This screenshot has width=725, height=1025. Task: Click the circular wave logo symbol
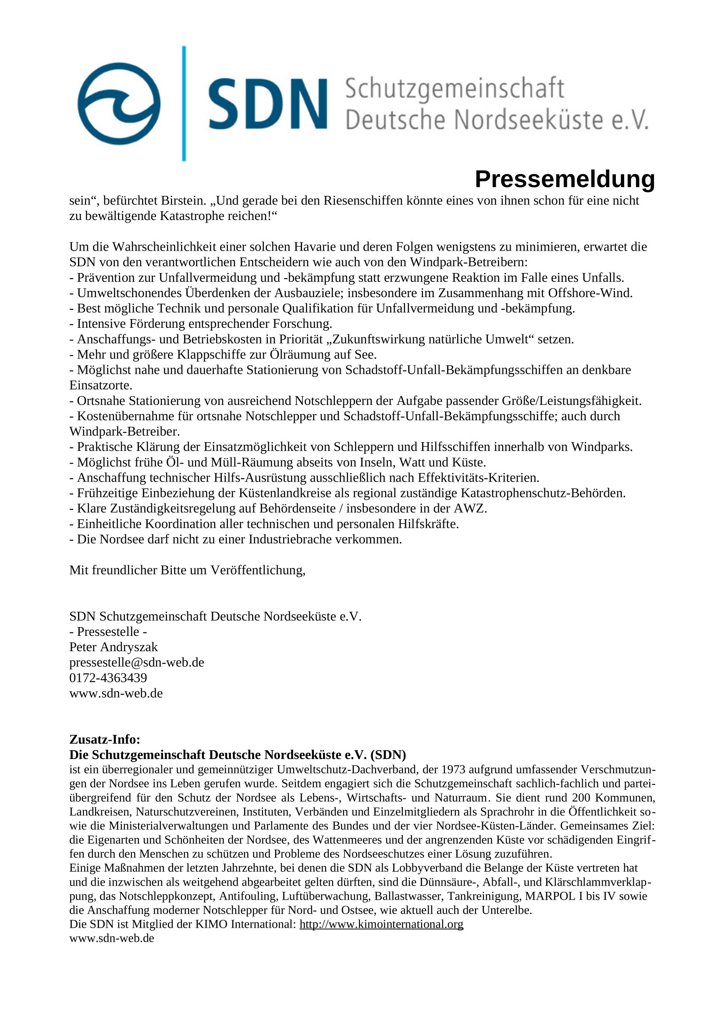119,103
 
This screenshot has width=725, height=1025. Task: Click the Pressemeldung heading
565,180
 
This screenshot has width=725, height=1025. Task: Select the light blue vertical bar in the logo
184,103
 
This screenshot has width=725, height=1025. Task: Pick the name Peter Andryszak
114,647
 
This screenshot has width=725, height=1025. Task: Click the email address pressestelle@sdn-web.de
137,663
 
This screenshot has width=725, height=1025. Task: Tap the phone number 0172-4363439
108,677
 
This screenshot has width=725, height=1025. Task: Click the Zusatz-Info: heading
105,739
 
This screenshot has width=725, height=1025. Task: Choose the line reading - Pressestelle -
108,632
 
